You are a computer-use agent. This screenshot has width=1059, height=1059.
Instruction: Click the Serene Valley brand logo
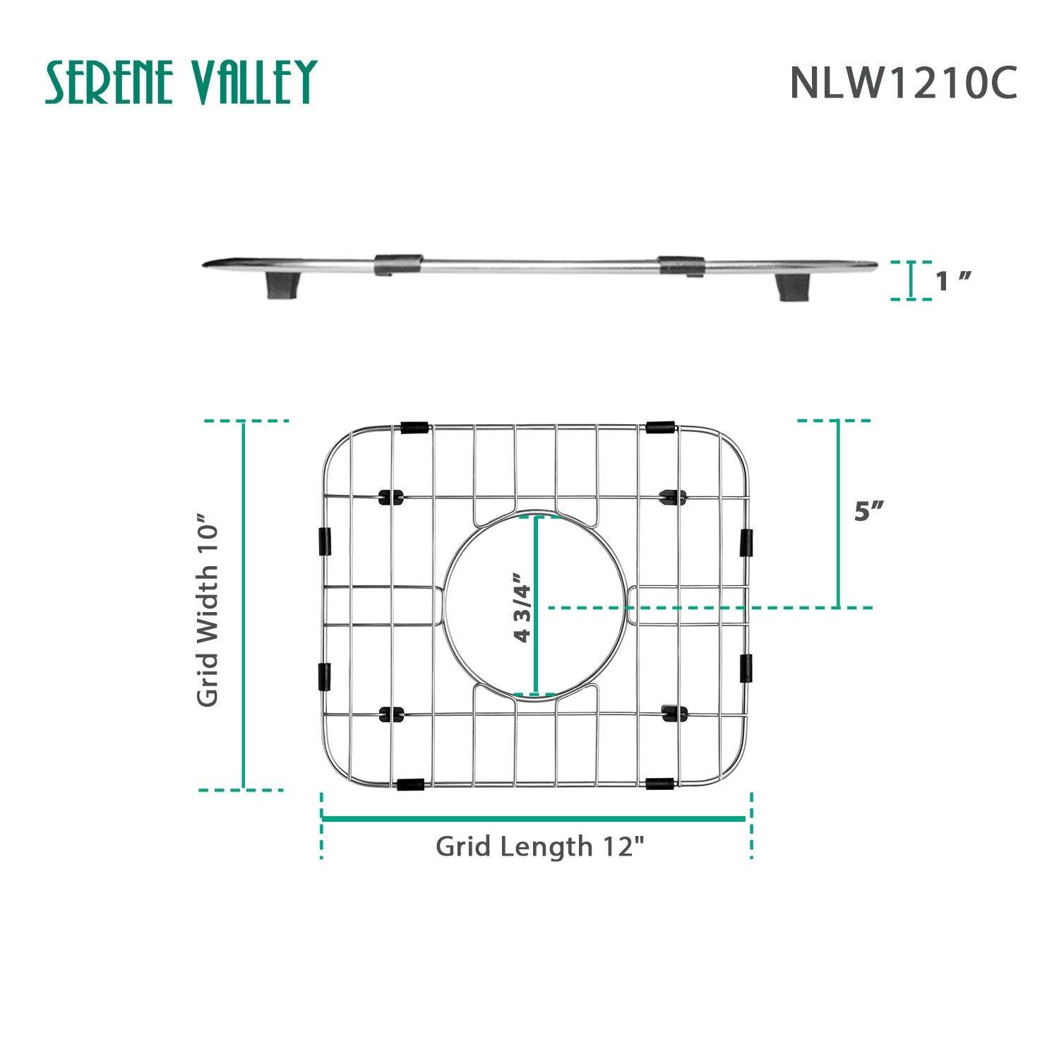click(x=181, y=82)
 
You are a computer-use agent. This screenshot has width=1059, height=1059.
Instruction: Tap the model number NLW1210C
click(x=903, y=83)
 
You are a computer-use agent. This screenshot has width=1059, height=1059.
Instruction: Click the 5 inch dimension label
click(x=869, y=511)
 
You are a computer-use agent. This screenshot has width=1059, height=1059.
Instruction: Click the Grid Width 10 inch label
click(x=209, y=609)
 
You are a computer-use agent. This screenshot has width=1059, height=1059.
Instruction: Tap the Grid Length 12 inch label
click(x=540, y=846)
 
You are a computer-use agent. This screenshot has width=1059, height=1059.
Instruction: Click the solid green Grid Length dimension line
click(x=534, y=819)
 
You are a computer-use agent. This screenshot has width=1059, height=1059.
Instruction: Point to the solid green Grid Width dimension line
click(x=244, y=606)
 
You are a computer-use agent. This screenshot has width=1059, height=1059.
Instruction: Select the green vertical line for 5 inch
click(x=839, y=514)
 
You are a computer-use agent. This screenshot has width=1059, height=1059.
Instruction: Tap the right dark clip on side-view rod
click(x=681, y=265)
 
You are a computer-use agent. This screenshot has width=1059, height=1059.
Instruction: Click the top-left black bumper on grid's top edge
click(x=414, y=427)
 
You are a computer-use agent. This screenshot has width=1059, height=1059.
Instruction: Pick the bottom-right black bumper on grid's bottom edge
click(x=659, y=784)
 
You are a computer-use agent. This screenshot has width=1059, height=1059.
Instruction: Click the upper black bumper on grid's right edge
click(x=746, y=542)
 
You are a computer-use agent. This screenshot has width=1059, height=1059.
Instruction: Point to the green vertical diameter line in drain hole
click(x=536, y=606)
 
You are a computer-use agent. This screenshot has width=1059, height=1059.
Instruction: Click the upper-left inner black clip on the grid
click(x=392, y=496)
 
